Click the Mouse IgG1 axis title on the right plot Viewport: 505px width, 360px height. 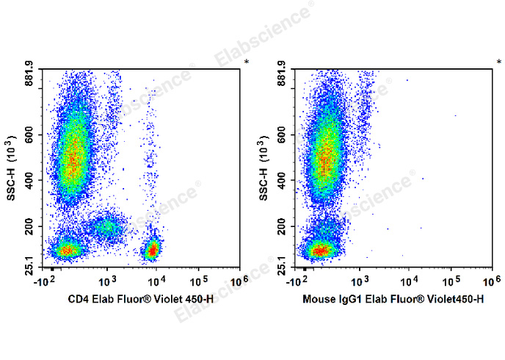pos(393,299)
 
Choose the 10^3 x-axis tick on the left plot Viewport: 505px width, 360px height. pos(107,281)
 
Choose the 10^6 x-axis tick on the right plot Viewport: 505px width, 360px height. pos(491,281)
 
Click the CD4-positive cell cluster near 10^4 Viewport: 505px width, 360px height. pos(152,251)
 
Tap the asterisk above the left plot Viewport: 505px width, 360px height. pos(247,62)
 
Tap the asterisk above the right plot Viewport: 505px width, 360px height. pos(498,62)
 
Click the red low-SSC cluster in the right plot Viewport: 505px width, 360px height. pos(319,251)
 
